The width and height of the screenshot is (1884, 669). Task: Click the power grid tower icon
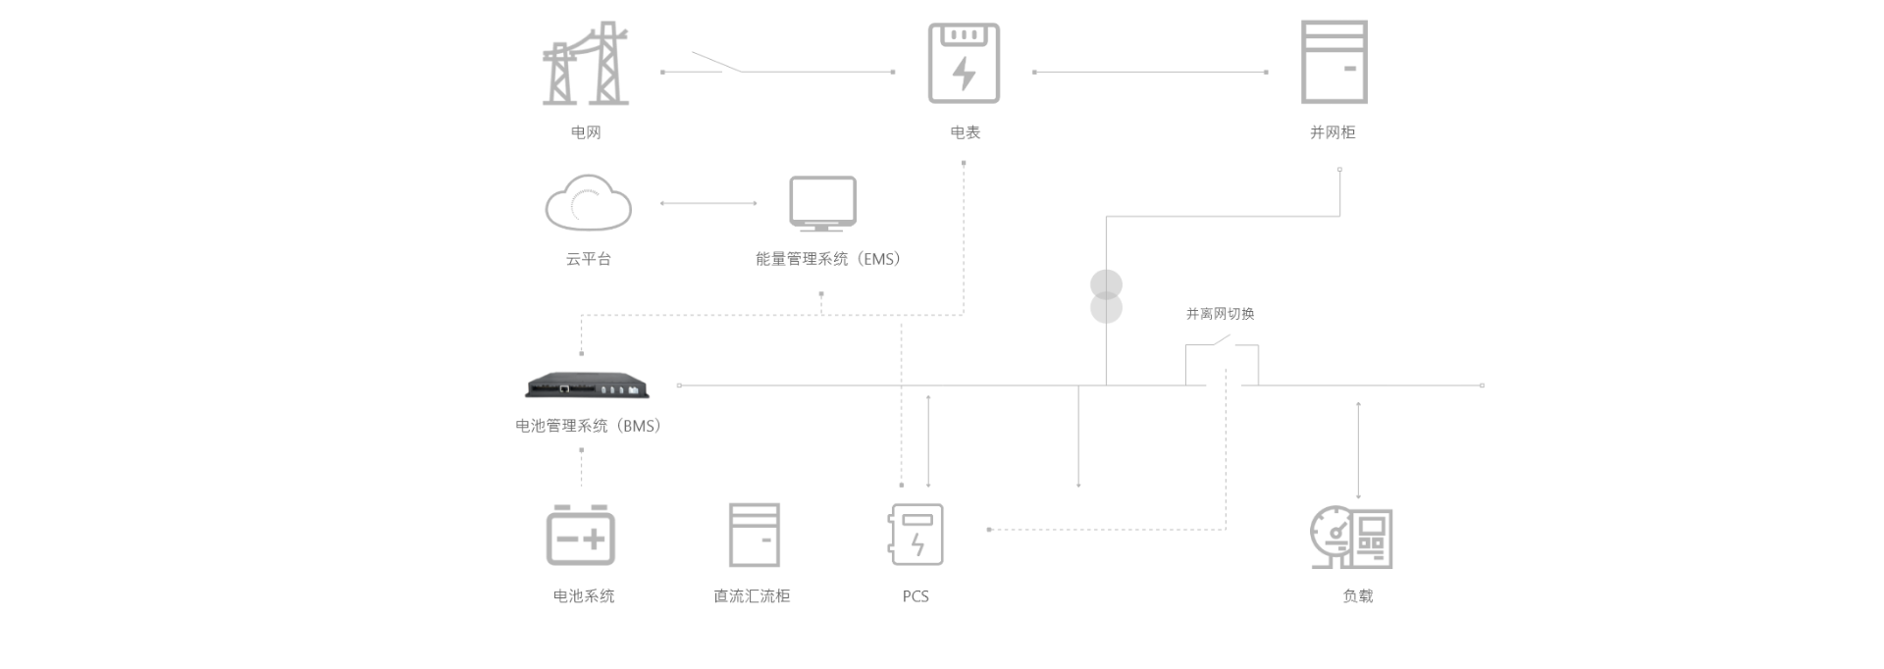tap(586, 64)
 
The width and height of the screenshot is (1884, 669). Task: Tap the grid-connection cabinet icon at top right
tap(1334, 62)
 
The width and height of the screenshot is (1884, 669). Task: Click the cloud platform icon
tap(588, 203)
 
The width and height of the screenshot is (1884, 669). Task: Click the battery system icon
tap(580, 535)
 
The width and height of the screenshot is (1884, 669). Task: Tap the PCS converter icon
tap(916, 535)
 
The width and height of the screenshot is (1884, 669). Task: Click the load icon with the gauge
tap(1352, 538)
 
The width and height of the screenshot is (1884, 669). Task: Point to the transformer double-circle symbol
tap(1106, 297)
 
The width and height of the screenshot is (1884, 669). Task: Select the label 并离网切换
tap(1220, 314)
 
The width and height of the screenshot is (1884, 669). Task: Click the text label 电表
tap(965, 132)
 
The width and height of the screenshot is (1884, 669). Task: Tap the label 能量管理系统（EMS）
tap(828, 259)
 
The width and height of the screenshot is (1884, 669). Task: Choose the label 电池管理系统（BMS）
tap(589, 426)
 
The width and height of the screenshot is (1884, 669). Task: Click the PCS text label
tap(916, 596)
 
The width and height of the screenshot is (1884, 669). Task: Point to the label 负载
tap(1358, 596)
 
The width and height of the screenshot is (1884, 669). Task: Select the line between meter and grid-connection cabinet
tap(1150, 72)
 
